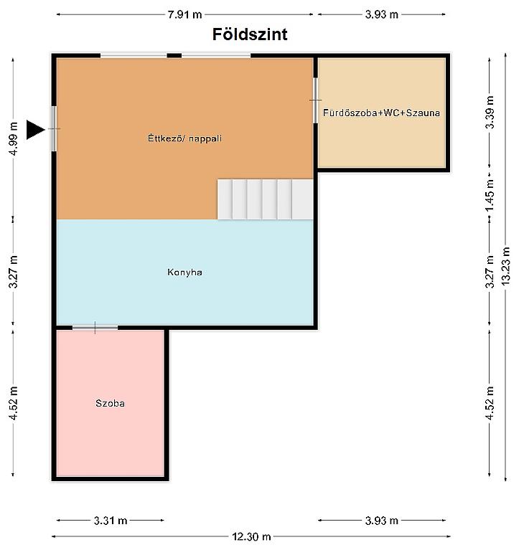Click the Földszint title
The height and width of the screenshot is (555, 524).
click(x=250, y=34)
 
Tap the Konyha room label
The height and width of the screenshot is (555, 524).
click(x=184, y=272)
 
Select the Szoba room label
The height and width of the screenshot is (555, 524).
click(x=111, y=403)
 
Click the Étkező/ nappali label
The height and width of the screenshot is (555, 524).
click(x=184, y=138)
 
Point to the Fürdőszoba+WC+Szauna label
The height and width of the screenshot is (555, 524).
click(x=381, y=113)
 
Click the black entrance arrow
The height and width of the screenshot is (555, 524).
click(x=35, y=130)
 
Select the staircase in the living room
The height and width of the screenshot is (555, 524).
click(x=265, y=199)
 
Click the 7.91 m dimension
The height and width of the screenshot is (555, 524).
click(x=184, y=14)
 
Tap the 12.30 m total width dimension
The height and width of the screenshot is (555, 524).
click(x=251, y=536)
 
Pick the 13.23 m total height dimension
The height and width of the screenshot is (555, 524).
click(x=505, y=266)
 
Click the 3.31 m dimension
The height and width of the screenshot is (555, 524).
click(x=111, y=521)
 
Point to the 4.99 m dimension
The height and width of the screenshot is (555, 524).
click(x=13, y=138)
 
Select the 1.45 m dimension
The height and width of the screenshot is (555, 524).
click(x=490, y=194)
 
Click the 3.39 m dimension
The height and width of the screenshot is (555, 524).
click(x=490, y=113)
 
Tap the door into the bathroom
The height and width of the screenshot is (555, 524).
click(x=315, y=100)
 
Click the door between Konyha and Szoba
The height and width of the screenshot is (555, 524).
click(x=95, y=328)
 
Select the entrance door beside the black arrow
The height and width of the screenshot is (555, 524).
click(x=54, y=128)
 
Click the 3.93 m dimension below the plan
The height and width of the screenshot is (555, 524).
click(x=382, y=521)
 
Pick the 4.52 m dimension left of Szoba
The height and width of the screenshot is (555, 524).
click(x=13, y=403)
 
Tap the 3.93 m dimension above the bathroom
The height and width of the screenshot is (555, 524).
click(x=382, y=14)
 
